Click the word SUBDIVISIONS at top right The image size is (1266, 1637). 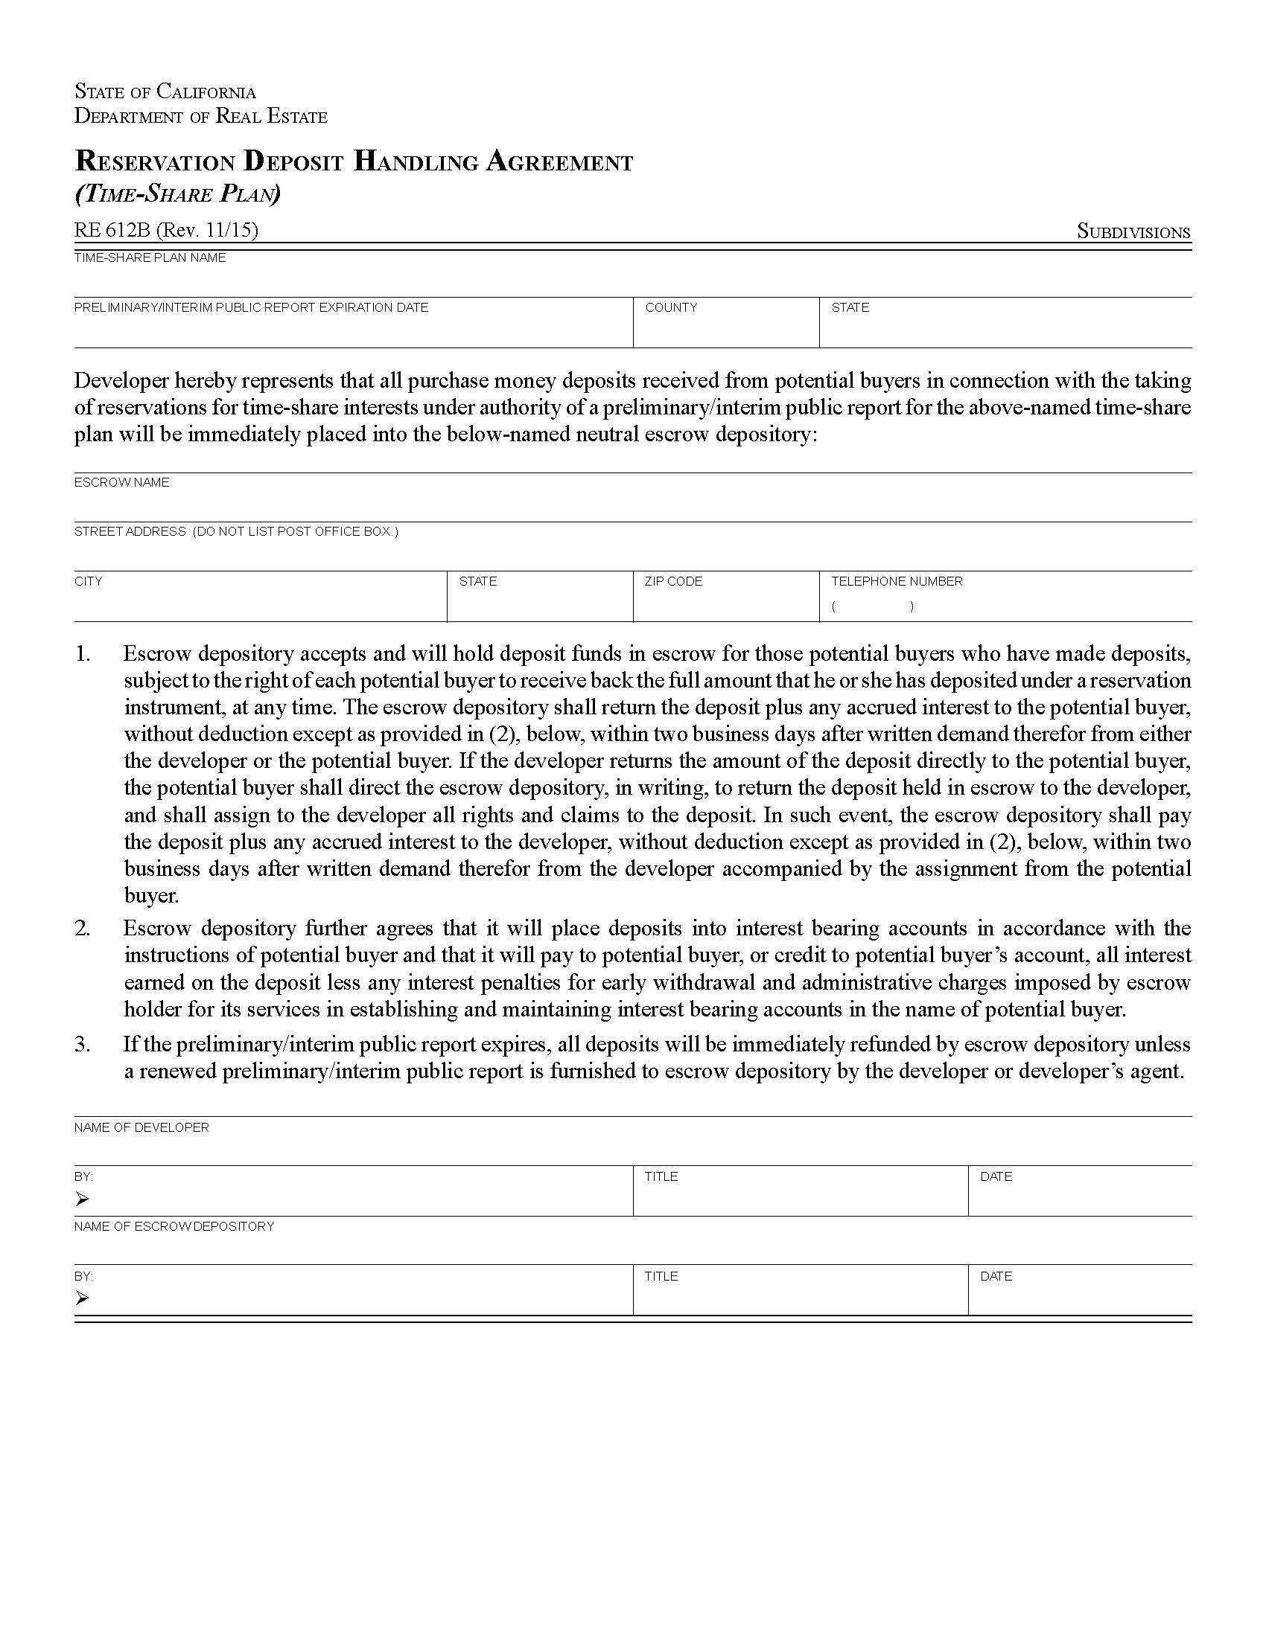tap(1133, 231)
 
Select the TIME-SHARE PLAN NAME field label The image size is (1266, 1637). tap(149, 258)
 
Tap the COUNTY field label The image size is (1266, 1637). tap(670, 307)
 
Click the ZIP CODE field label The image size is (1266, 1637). tap(672, 581)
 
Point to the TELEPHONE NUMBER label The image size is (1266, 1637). tap(896, 581)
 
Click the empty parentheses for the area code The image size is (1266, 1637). tap(872, 606)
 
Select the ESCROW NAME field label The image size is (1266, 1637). tap(121, 482)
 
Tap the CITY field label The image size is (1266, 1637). tap(88, 581)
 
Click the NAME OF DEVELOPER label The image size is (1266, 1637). tap(141, 1127)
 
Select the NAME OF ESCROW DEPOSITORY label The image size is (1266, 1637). tap(174, 1226)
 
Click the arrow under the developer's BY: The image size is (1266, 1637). tap(82, 1199)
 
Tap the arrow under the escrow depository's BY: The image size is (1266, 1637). tap(82, 1298)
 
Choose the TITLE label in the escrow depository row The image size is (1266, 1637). tap(661, 1275)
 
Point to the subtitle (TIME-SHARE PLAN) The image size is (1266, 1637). tap(177, 194)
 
